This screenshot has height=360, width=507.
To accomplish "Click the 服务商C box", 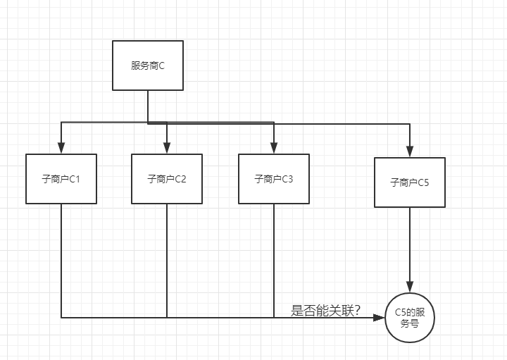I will [x=148, y=66].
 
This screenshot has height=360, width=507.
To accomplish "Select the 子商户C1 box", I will [x=61, y=179].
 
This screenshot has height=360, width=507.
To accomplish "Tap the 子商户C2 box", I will [x=167, y=179].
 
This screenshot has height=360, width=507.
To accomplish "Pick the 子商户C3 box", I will [x=273, y=179].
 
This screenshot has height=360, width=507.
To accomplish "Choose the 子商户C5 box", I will [x=410, y=182].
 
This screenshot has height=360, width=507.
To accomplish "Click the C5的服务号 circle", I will [x=410, y=318].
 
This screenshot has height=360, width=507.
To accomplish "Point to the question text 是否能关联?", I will [x=326, y=310].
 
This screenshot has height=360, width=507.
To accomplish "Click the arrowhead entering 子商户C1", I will [x=61, y=148].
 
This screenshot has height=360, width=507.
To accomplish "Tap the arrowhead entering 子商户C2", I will [x=167, y=148].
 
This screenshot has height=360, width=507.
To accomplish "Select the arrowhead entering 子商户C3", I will [x=273, y=148].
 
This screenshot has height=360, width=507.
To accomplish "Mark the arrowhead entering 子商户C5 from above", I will [x=410, y=151].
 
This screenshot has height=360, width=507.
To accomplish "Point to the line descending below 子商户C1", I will [x=61, y=261].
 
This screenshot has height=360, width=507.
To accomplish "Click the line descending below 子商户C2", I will [x=167, y=261].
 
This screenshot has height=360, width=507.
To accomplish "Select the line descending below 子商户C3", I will [x=273, y=261].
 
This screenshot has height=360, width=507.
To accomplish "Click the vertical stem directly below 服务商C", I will [x=148, y=106].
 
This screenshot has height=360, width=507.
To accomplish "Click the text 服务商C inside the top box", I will [x=148, y=66].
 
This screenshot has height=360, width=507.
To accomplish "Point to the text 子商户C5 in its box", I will [x=410, y=182].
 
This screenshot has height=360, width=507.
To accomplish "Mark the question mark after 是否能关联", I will [x=357, y=310].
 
